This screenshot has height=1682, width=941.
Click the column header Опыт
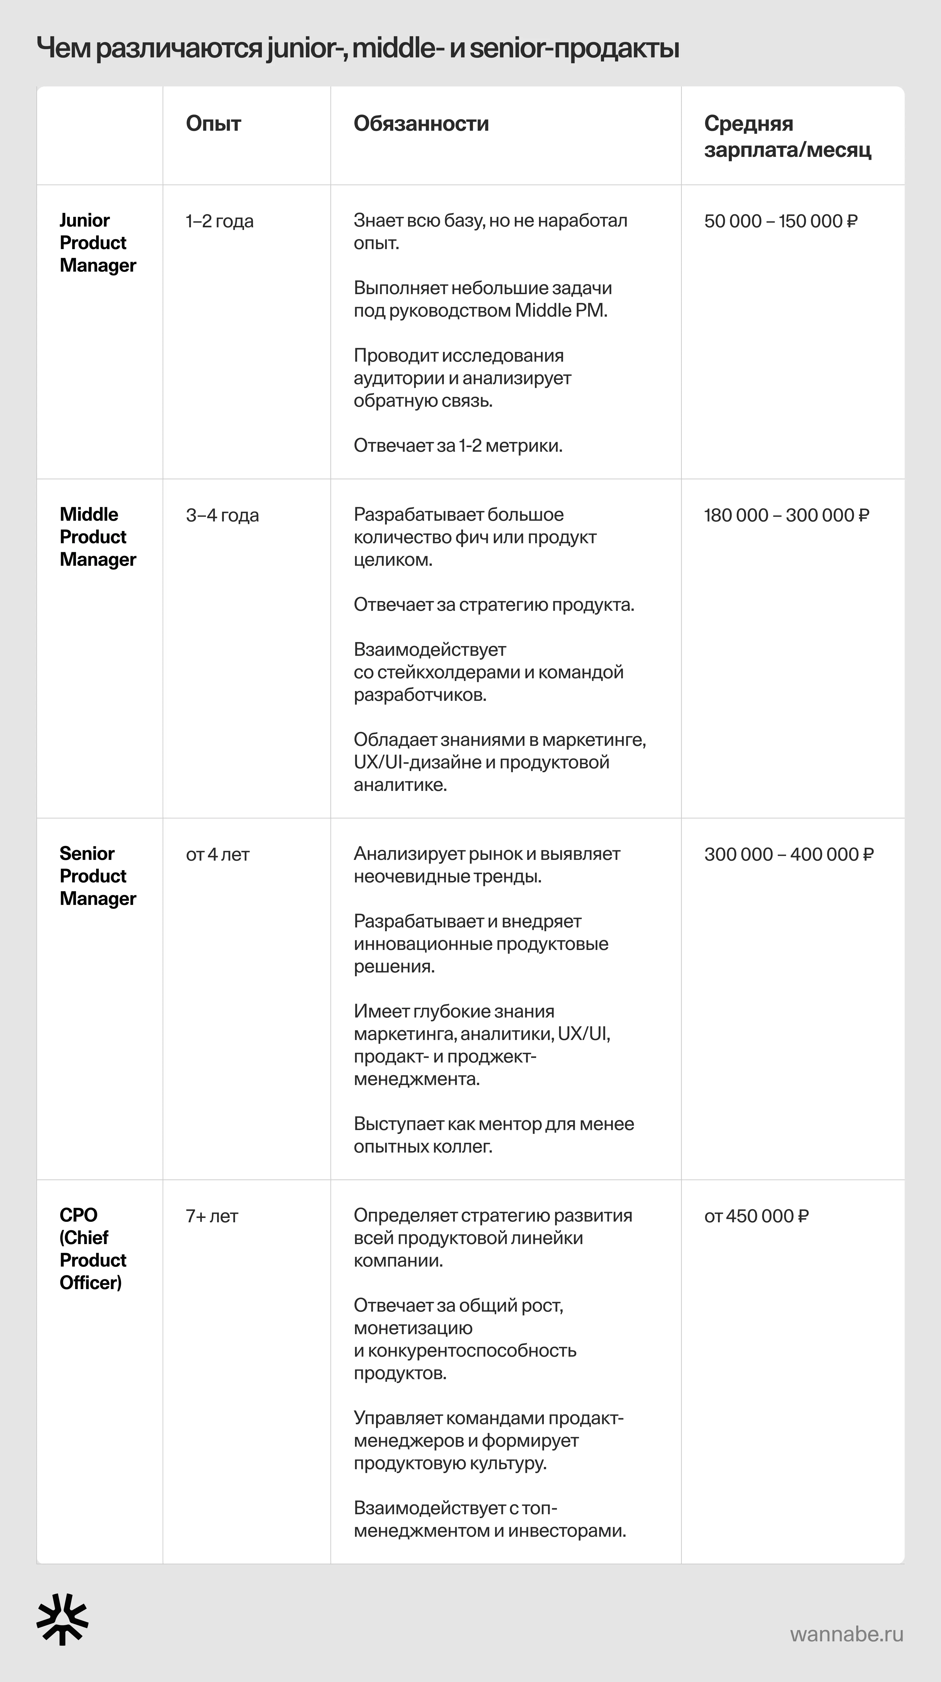point(213,123)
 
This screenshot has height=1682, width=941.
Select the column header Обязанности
point(421,123)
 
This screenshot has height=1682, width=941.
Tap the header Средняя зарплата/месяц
point(787,137)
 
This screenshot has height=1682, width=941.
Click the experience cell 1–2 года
point(220,221)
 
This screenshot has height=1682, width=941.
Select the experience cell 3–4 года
point(222,515)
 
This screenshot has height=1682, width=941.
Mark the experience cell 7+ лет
point(212,1216)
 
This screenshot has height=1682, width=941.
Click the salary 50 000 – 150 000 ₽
point(780,221)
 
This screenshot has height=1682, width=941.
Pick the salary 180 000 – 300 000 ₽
point(786,515)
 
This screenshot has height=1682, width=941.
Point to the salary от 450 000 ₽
point(756,1216)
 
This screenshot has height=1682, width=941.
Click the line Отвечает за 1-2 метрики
point(458,446)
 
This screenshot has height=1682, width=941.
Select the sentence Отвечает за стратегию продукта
point(494,605)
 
